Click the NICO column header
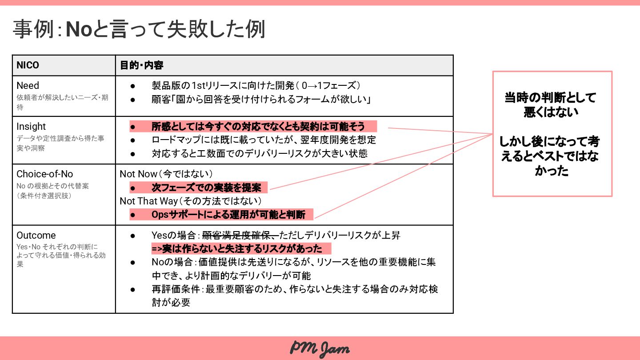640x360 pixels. point(28,65)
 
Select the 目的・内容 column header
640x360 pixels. point(142,65)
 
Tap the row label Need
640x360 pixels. point(28,85)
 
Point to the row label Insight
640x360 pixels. point(31,126)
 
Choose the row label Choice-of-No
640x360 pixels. point(45,174)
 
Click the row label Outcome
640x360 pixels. point(36,235)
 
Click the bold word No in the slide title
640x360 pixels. point(79,30)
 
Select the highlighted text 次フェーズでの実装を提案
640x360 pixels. point(206,188)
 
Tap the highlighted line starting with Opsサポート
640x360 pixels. point(228,215)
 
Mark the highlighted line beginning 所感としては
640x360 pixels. point(258,126)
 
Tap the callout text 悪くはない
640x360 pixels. point(551,112)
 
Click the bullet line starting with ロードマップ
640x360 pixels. point(264,140)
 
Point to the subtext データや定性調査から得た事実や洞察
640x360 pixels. point(60,143)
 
